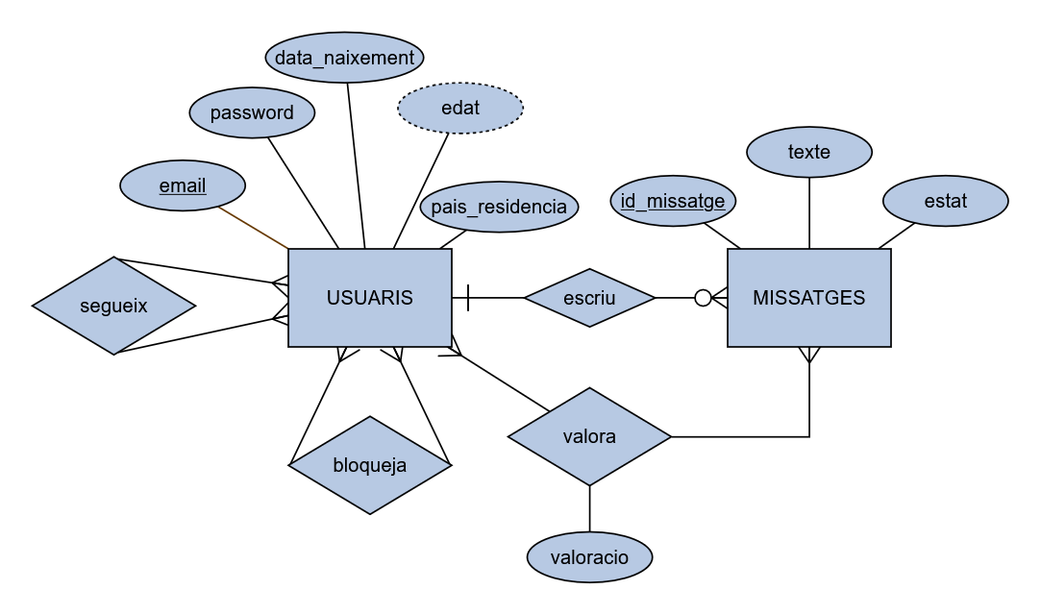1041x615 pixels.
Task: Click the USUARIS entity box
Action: (x=370, y=298)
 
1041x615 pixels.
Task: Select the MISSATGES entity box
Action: (x=808, y=298)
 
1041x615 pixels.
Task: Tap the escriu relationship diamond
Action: (x=589, y=298)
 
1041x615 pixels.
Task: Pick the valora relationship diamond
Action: (x=589, y=437)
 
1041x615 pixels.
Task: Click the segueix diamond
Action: (x=113, y=306)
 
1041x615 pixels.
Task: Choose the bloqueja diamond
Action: (x=370, y=465)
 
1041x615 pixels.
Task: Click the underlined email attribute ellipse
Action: (x=183, y=185)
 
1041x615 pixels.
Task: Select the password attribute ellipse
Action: (x=252, y=113)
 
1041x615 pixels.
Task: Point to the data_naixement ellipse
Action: (x=344, y=58)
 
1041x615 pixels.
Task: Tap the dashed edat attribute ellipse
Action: (x=460, y=108)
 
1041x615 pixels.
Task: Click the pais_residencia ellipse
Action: (x=500, y=208)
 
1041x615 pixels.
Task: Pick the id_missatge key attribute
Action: (x=673, y=202)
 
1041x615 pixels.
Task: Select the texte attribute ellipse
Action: (x=809, y=152)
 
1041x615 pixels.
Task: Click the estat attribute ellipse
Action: (x=945, y=202)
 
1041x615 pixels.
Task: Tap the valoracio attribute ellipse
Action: (x=589, y=557)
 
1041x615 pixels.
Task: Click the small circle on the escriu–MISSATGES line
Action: (x=703, y=298)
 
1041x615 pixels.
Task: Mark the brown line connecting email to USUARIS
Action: (x=254, y=228)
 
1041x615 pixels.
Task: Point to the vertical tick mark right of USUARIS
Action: (x=468, y=298)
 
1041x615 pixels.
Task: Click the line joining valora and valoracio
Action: (x=589, y=509)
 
